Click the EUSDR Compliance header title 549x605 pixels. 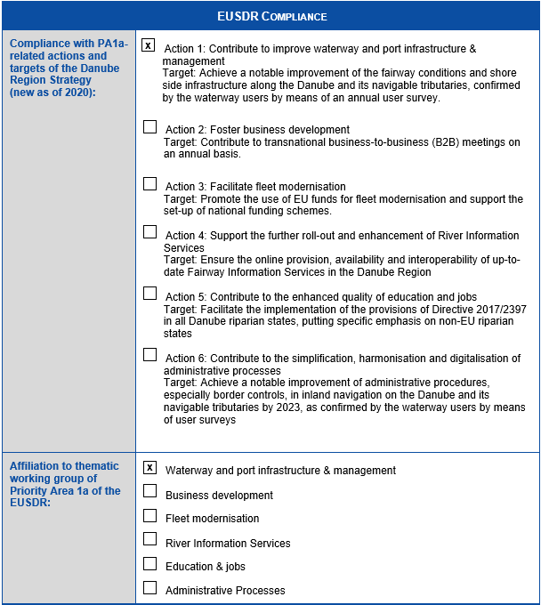click(271, 16)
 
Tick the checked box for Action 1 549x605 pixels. click(149, 44)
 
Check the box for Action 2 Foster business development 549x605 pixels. click(149, 127)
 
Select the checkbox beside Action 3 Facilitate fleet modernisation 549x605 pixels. click(149, 184)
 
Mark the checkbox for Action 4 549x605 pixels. click(149, 232)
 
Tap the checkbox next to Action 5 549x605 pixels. click(149, 294)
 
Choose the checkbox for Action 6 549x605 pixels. click(149, 355)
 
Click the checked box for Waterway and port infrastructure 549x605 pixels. click(149, 467)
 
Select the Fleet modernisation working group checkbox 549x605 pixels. click(149, 516)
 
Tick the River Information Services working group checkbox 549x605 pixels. click(149, 539)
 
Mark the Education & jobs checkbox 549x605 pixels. click(149, 564)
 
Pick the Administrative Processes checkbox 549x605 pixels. click(149, 588)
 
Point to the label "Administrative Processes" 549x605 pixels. click(225, 590)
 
